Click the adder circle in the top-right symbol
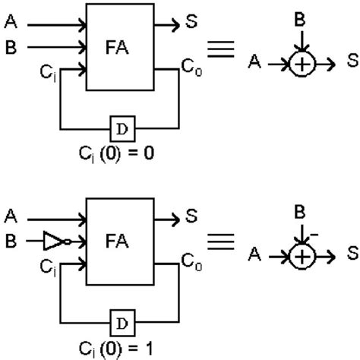(x=302, y=65)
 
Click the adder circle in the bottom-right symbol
(x=302, y=257)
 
